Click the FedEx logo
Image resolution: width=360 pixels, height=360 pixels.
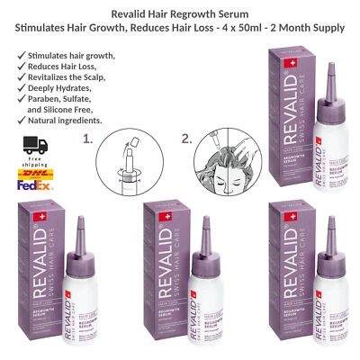point(35,191)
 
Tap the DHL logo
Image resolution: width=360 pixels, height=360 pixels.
point(35,176)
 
